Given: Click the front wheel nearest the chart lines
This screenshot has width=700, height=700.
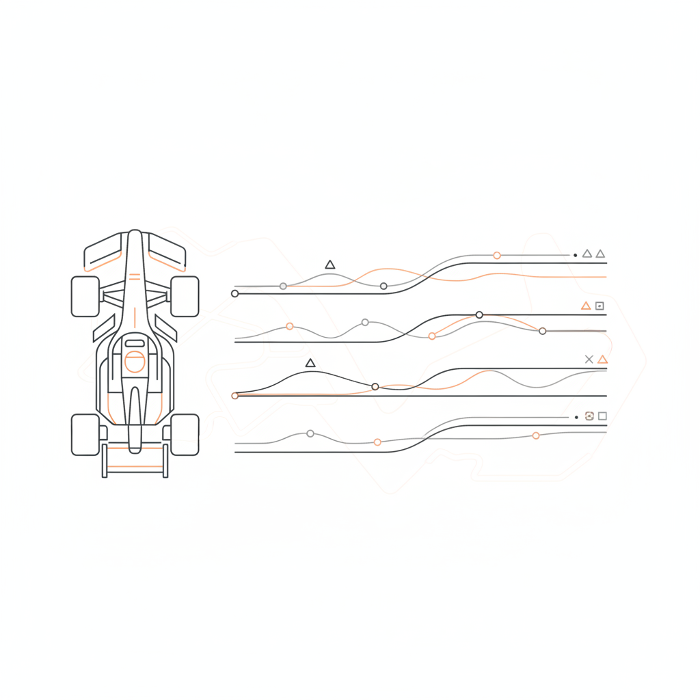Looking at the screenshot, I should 185,297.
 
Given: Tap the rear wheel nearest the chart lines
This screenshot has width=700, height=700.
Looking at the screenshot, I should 185,434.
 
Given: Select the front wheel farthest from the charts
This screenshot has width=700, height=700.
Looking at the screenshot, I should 85,297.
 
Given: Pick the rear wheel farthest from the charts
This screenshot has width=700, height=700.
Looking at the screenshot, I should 85,434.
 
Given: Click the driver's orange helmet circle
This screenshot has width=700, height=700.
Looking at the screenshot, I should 135,362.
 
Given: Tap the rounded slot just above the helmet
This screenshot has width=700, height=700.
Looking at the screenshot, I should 135,343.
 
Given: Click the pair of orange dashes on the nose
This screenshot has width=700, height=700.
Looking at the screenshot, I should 135,277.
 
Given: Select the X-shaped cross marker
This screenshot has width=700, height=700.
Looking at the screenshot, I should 589,359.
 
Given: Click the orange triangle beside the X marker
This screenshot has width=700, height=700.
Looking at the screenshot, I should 602,360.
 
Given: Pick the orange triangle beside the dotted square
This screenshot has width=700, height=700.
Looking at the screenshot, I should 586,306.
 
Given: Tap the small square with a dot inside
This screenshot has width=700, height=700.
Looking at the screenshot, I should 600,306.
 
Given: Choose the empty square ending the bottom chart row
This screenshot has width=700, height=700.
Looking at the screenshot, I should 602,416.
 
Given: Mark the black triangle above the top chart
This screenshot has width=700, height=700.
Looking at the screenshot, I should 330,265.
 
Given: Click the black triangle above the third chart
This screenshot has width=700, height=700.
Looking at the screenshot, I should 310,363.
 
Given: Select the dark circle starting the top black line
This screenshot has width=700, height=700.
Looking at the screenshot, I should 235,293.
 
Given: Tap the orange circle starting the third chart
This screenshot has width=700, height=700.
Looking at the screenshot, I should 235,396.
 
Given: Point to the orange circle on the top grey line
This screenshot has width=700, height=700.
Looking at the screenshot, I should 497,256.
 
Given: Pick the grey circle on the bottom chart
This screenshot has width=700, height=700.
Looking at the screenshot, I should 310,433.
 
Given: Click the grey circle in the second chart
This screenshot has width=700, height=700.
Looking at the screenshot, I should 365,322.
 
